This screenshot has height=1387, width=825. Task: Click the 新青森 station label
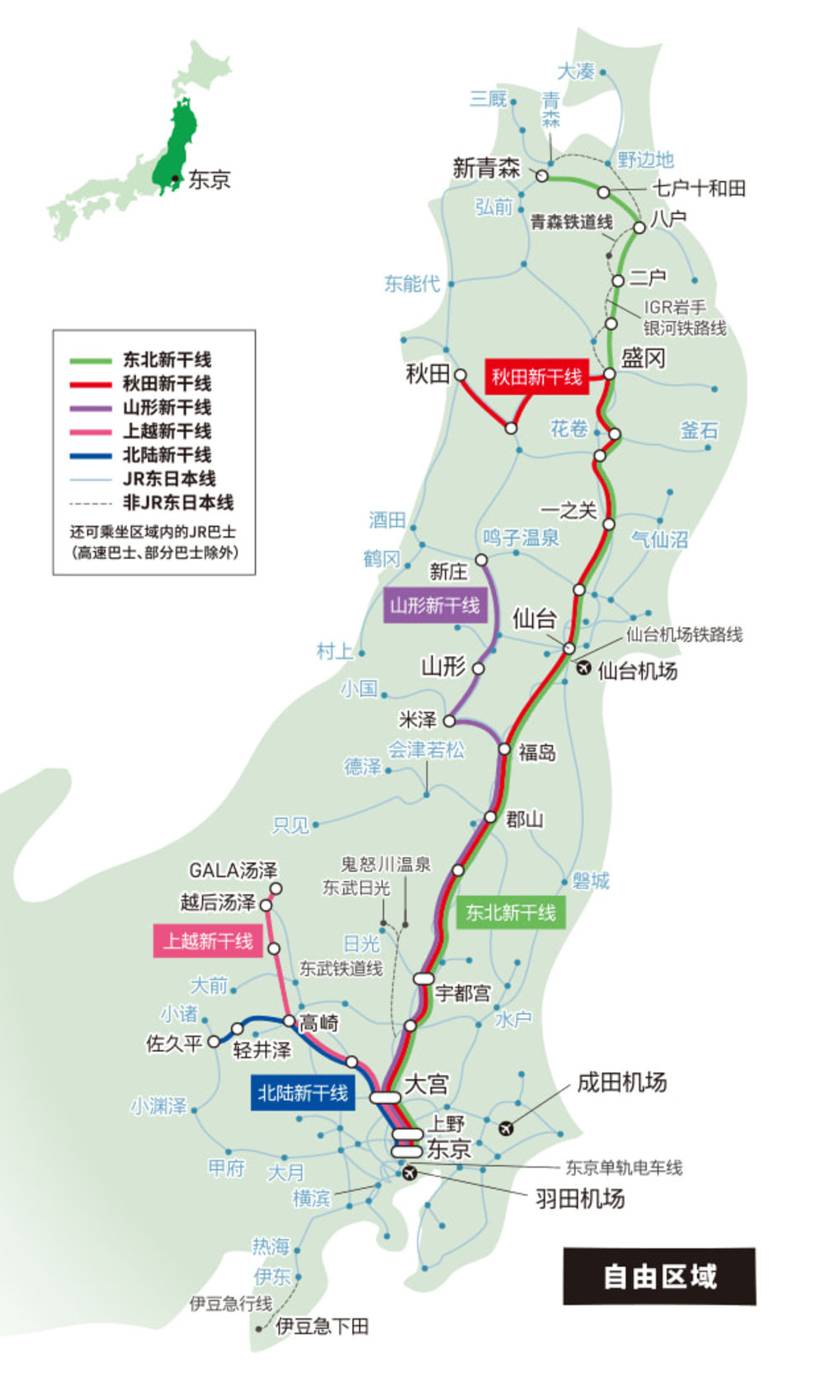(486, 168)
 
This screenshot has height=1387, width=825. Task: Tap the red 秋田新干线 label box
(536, 377)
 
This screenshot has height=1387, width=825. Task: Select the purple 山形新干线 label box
(435, 605)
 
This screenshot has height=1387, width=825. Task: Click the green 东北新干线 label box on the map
(510, 912)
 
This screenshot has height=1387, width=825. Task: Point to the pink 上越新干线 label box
(208, 941)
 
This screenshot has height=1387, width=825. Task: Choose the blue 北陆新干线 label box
(302, 1093)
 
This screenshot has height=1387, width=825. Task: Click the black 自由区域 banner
(659, 1276)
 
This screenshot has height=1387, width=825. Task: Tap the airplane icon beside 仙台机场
(584, 668)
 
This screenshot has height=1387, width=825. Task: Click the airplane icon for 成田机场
(506, 1128)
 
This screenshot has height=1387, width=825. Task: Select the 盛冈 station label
(643, 358)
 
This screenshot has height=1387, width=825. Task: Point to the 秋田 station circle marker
(460, 376)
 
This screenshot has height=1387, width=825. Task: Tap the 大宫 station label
(426, 1083)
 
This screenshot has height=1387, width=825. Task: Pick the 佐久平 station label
(173, 1044)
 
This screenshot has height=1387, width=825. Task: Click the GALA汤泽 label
(233, 870)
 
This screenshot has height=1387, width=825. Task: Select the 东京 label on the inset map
(209, 179)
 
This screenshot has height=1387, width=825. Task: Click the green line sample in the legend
(91, 361)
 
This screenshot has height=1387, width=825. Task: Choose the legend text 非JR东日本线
(177, 502)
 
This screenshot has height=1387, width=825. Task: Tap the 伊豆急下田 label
(322, 1327)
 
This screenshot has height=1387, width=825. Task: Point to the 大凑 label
(575, 72)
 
